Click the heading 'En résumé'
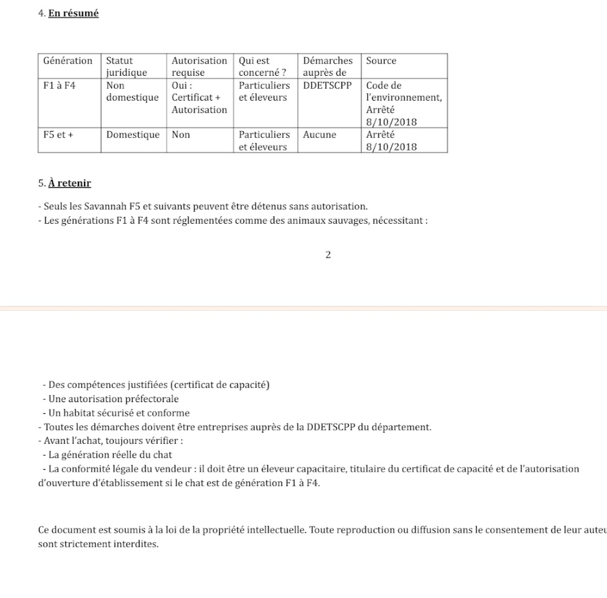coord(73,13)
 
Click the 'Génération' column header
coord(68,61)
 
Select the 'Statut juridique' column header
coord(127,67)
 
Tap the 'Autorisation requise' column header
coord(199,67)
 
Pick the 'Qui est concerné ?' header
coord(262,67)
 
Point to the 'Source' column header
coord(381,61)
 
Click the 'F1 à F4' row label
coord(59,86)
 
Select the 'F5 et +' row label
coord(58,135)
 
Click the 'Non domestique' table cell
coord(132,91)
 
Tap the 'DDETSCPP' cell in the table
coord(327,86)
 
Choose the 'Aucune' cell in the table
coord(320,135)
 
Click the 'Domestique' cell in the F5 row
coord(132,135)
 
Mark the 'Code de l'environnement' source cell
coord(404,91)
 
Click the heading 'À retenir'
coord(70,183)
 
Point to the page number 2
coord(328,255)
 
